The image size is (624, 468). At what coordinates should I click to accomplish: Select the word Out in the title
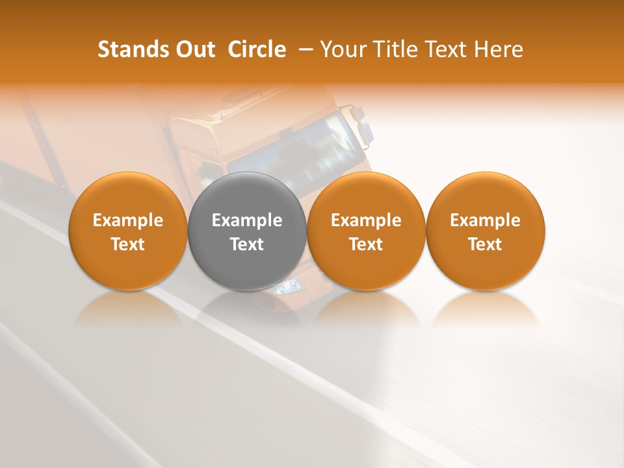coord(193,49)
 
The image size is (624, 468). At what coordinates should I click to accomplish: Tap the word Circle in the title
coord(257,49)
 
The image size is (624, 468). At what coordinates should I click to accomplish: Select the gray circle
coord(247,231)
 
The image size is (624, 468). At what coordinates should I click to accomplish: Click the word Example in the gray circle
coord(247,220)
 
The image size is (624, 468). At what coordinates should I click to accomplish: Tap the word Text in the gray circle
coord(247,244)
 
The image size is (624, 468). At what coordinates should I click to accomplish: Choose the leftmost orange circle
coord(128,231)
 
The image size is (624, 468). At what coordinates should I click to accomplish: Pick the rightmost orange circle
coord(486,231)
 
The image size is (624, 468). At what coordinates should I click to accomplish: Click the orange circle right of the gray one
coord(366,231)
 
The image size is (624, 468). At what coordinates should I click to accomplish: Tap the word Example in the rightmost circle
coord(486,220)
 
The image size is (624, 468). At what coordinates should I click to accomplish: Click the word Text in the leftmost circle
coord(128,244)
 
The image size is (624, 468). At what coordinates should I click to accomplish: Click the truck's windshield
coord(292,153)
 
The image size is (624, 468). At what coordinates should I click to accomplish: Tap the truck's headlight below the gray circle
coord(287,286)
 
